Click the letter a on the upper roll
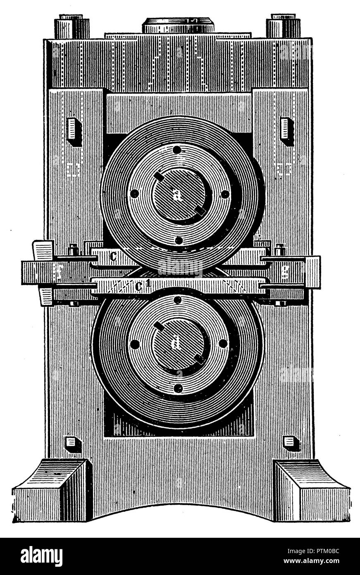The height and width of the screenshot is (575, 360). click(x=178, y=196)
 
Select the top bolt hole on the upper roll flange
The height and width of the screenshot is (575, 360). click(x=177, y=150)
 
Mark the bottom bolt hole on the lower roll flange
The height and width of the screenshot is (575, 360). click(x=178, y=388)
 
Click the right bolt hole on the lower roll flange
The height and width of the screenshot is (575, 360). click(x=223, y=343)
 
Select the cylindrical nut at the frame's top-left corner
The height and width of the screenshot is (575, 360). click(x=72, y=26)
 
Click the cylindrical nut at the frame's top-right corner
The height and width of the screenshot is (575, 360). click(x=283, y=26)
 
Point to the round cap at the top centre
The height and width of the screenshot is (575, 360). click(x=179, y=25)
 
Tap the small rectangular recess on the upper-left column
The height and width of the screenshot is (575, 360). click(x=74, y=130)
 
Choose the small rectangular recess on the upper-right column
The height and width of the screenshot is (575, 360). click(x=286, y=130)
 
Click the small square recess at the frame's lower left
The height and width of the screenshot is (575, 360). click(x=72, y=442)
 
